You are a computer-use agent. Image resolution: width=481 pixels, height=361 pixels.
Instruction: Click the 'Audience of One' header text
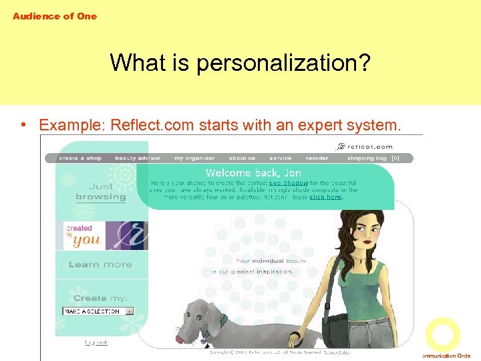(55, 16)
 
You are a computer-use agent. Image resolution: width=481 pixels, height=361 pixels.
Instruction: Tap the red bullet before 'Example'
(23, 124)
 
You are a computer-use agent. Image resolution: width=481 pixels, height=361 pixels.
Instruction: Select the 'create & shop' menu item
(80, 158)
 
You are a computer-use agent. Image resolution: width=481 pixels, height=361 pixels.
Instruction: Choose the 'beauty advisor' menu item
(138, 158)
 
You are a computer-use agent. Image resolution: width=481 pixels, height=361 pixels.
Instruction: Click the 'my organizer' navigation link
(194, 158)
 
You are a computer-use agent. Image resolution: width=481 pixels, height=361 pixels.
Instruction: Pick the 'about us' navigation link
(242, 158)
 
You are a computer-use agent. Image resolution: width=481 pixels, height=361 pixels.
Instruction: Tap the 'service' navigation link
(281, 158)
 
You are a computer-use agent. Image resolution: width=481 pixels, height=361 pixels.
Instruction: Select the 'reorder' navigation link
(317, 158)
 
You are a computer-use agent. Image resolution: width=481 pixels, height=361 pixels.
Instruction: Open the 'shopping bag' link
(367, 158)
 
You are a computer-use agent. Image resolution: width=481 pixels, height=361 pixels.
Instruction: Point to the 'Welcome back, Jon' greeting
(253, 173)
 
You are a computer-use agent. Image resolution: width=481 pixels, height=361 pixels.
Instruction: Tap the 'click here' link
(326, 197)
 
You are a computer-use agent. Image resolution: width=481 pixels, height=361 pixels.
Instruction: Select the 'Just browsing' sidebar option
(100, 192)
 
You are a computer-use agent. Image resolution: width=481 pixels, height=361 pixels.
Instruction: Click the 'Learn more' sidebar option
(100, 265)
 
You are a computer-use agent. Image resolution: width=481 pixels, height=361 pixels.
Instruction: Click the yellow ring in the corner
(442, 334)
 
